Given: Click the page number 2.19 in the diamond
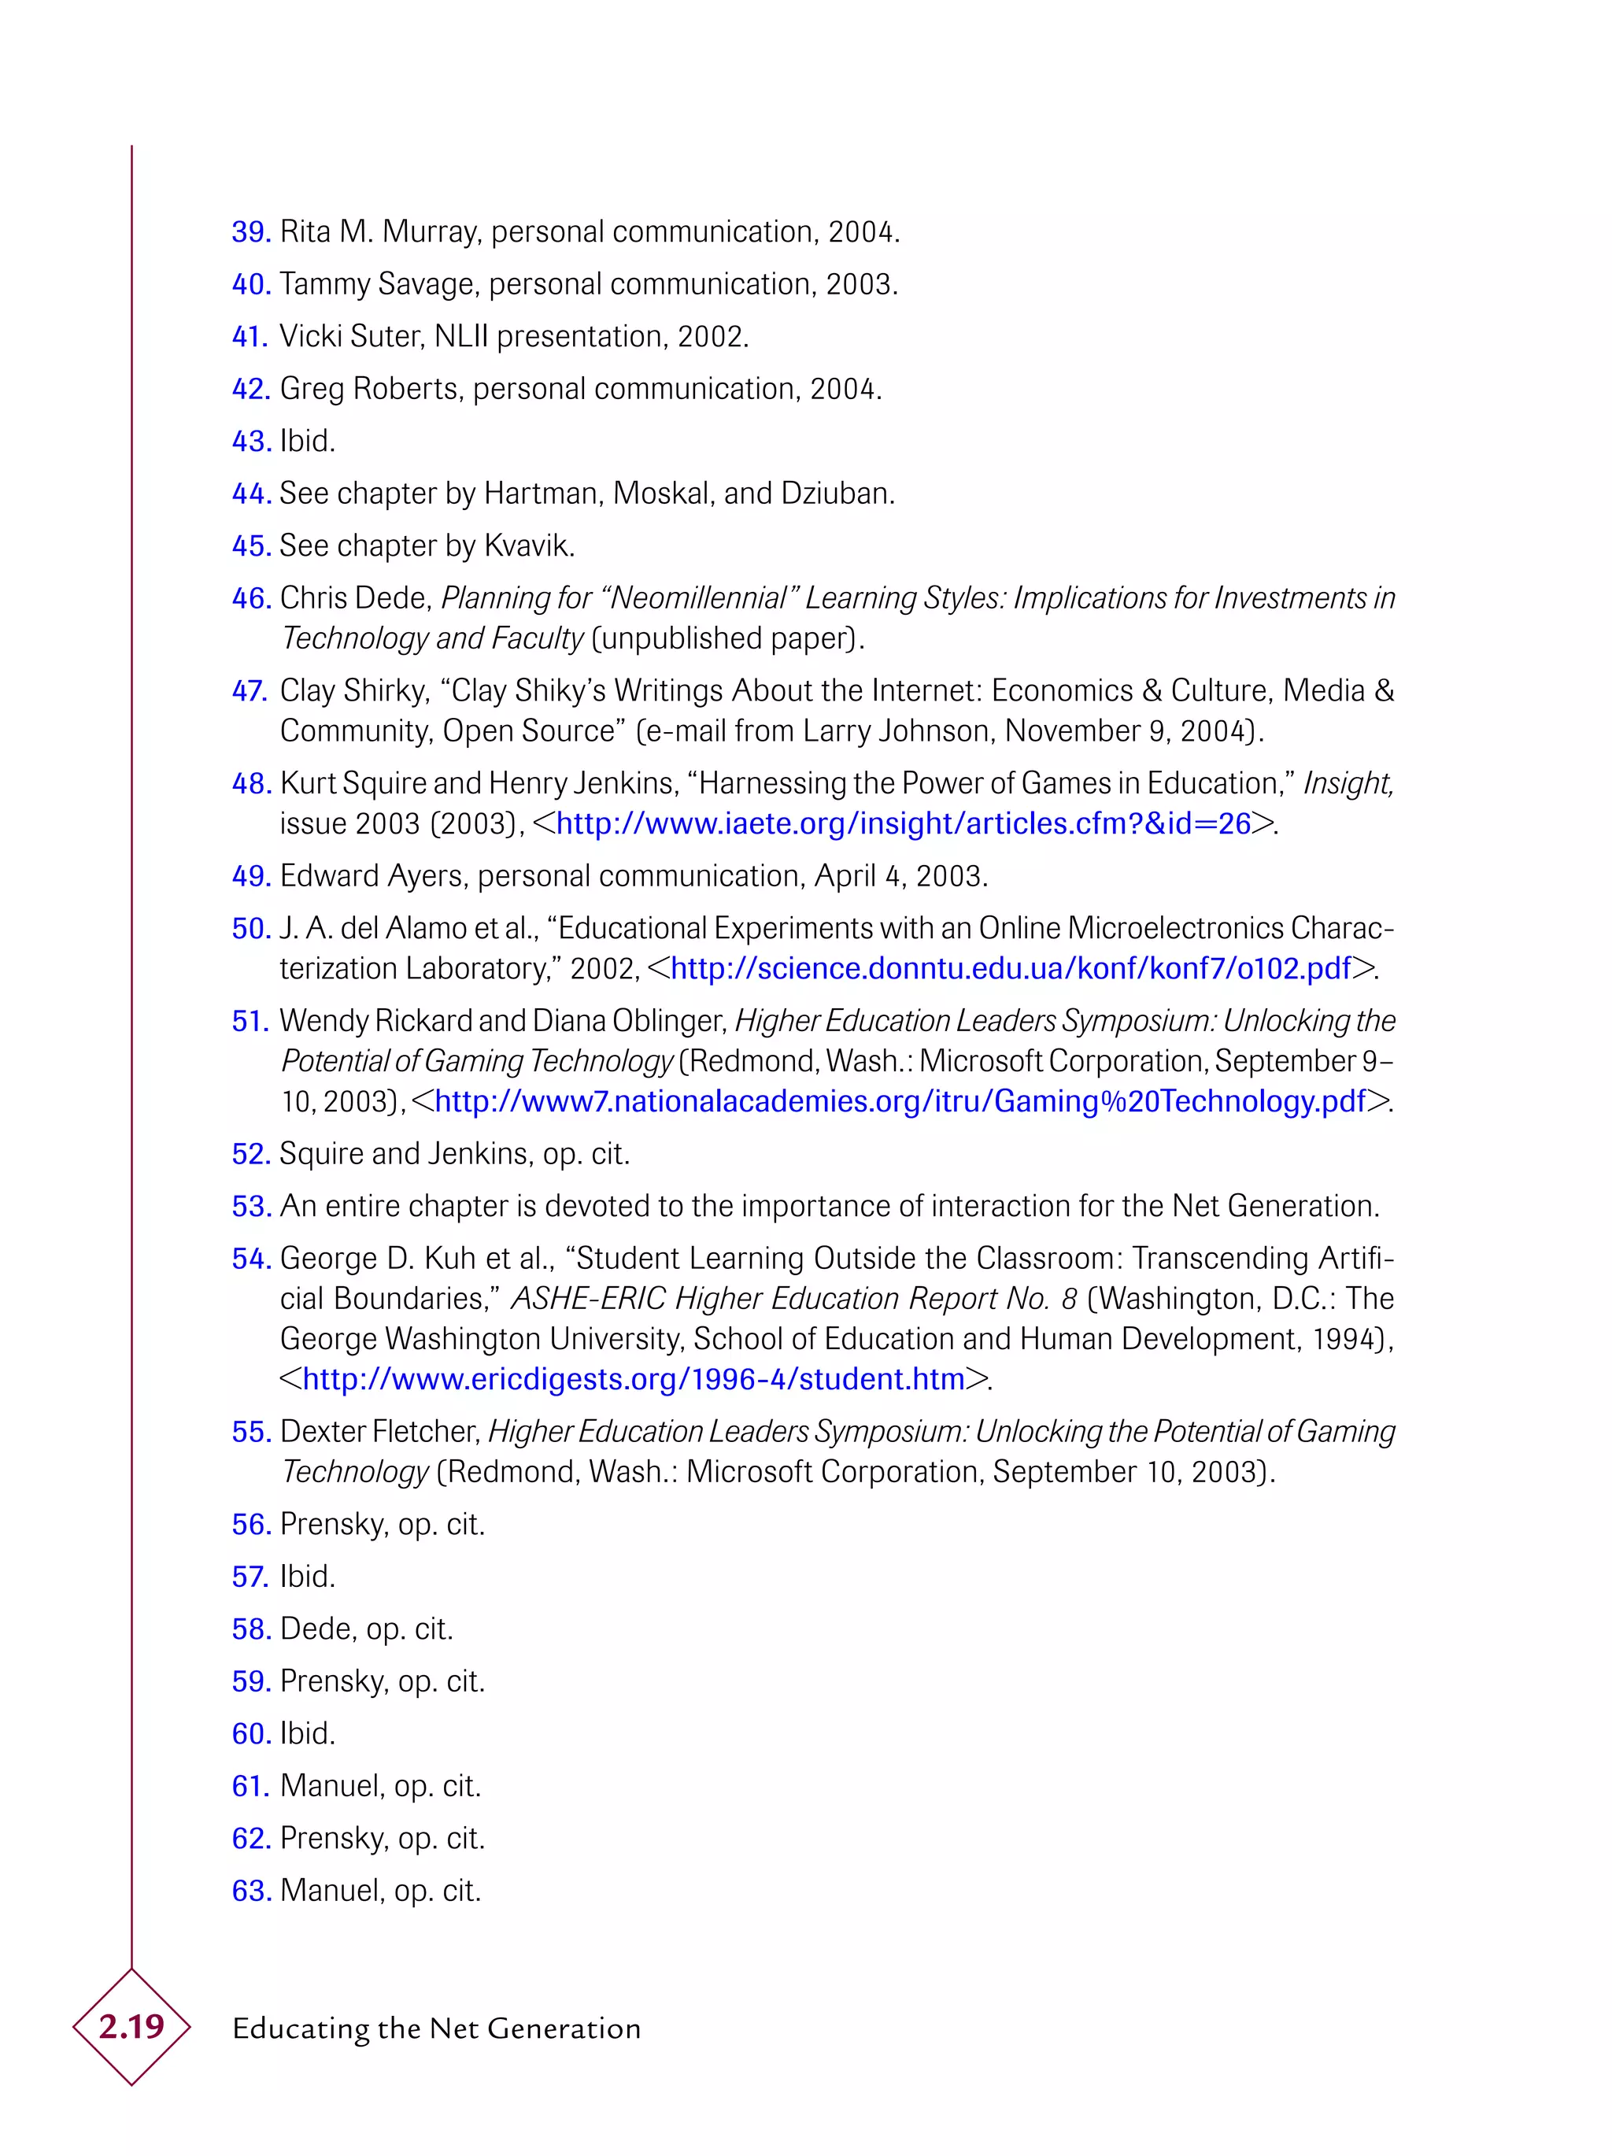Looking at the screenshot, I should tap(131, 2026).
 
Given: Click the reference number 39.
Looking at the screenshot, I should tap(250, 232).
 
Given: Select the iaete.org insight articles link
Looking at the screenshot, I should tap(903, 823).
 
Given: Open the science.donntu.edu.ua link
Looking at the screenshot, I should tap(1011, 968).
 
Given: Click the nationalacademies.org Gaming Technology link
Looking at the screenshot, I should tap(900, 1101).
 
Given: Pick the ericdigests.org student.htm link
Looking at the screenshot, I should tap(634, 1379).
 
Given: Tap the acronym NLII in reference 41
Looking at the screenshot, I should tap(462, 336).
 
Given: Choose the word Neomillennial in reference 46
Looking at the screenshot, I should tap(698, 597).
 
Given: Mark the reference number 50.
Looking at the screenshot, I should tap(250, 929).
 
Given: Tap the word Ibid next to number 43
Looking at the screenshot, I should tap(306, 442).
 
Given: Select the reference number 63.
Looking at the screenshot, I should tap(250, 1891).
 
